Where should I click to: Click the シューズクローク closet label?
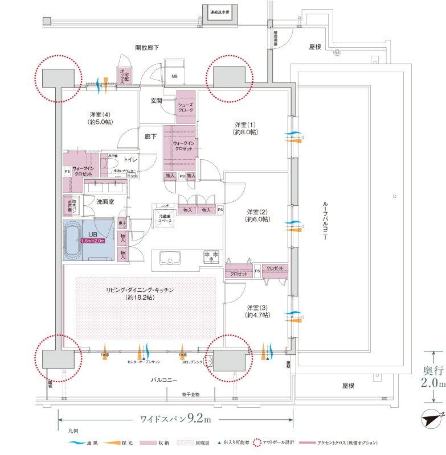(187, 106)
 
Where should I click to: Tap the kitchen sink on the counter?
(170, 259)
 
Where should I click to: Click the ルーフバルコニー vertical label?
(325, 220)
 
